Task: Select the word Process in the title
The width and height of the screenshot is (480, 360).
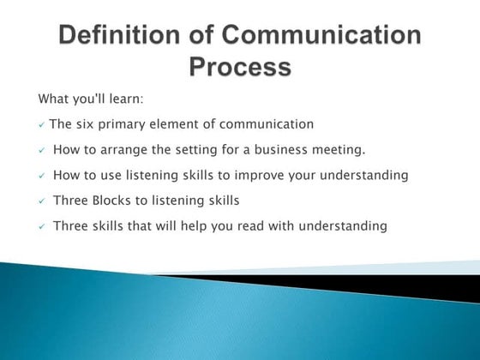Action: point(239,66)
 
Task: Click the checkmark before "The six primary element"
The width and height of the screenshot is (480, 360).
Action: point(42,126)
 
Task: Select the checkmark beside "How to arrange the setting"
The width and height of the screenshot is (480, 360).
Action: point(42,151)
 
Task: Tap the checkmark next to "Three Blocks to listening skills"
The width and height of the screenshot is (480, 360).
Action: point(42,201)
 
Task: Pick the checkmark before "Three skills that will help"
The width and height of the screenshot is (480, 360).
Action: point(42,227)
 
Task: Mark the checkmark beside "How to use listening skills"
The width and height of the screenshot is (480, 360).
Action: point(42,177)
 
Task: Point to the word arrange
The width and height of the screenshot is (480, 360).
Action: point(125,150)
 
